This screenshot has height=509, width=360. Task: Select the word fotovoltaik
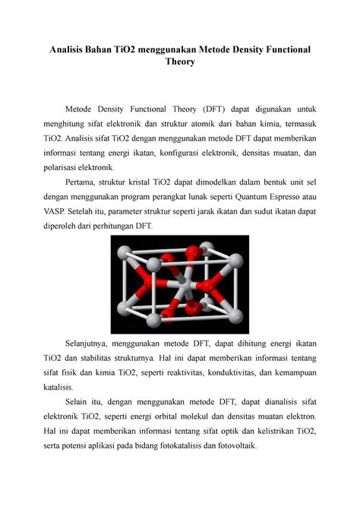coord(235,447)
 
